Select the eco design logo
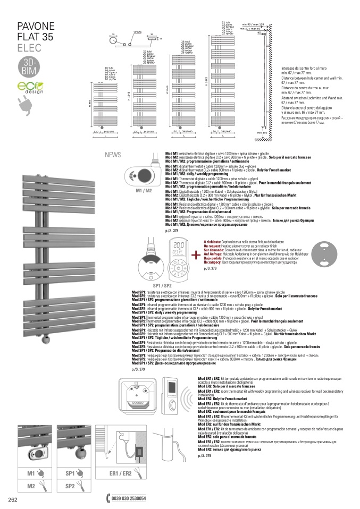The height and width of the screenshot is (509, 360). point(27,88)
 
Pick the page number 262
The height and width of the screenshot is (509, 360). point(13,499)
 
